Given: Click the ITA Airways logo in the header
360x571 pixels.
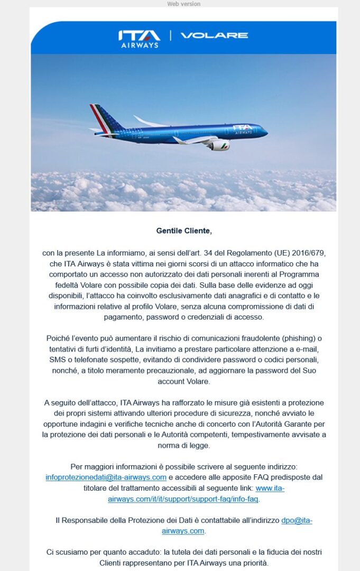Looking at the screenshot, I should [x=139, y=38].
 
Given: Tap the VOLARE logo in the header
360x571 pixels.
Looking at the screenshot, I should [x=214, y=35].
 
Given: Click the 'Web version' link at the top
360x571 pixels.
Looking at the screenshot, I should [x=183, y=4].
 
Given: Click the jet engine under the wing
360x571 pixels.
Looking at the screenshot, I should [x=218, y=145].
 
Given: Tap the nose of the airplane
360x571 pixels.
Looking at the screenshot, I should [x=264, y=132].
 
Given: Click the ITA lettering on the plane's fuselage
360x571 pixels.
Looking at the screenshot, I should [x=243, y=127].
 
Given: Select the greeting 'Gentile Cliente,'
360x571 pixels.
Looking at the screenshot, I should [x=183, y=231].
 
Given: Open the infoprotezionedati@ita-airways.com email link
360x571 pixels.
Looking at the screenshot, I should [x=106, y=477].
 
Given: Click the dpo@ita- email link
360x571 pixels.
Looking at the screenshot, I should [x=297, y=520].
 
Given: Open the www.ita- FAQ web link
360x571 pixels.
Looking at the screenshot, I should [x=270, y=488].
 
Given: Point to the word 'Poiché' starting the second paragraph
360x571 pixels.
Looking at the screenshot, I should [x=58, y=338].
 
